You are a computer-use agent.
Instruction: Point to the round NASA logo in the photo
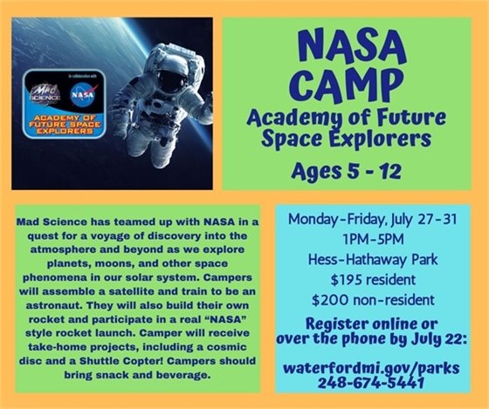click(83, 92)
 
